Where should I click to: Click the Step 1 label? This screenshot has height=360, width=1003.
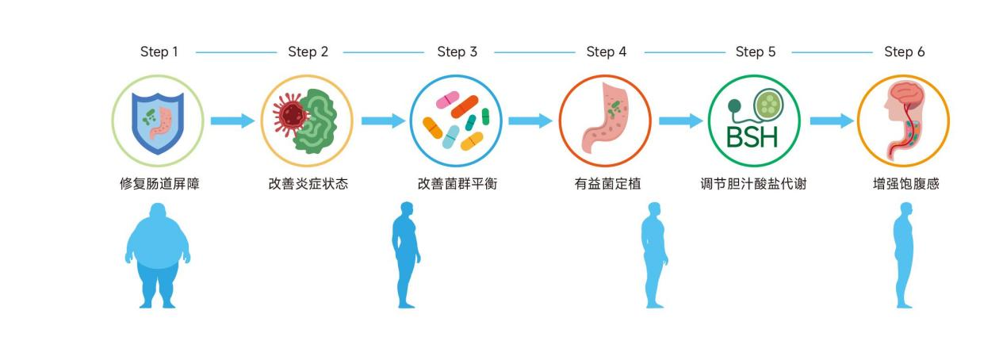[159, 52]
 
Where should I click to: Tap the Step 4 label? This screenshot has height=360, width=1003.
[606, 52]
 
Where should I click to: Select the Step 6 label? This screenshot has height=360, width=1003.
[904, 52]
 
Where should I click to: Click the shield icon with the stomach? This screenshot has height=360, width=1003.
[158, 121]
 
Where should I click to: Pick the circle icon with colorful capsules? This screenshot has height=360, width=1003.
[456, 121]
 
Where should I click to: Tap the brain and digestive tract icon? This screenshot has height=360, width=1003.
[903, 121]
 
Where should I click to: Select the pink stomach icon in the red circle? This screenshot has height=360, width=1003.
[605, 121]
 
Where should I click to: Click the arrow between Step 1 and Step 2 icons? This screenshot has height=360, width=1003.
[232, 121]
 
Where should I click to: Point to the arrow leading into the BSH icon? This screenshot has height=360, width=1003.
[680, 121]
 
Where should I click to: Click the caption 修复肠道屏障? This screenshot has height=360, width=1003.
[159, 184]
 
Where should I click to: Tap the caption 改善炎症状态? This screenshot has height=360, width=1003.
[308, 184]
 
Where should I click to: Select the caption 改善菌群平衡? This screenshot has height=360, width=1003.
[457, 184]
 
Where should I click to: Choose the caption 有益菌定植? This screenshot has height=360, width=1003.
[607, 184]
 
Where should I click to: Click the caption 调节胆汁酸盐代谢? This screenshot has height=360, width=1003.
[753, 184]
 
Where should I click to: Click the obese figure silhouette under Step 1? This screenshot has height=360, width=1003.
[158, 255]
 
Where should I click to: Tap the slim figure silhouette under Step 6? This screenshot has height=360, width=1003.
[904, 255]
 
